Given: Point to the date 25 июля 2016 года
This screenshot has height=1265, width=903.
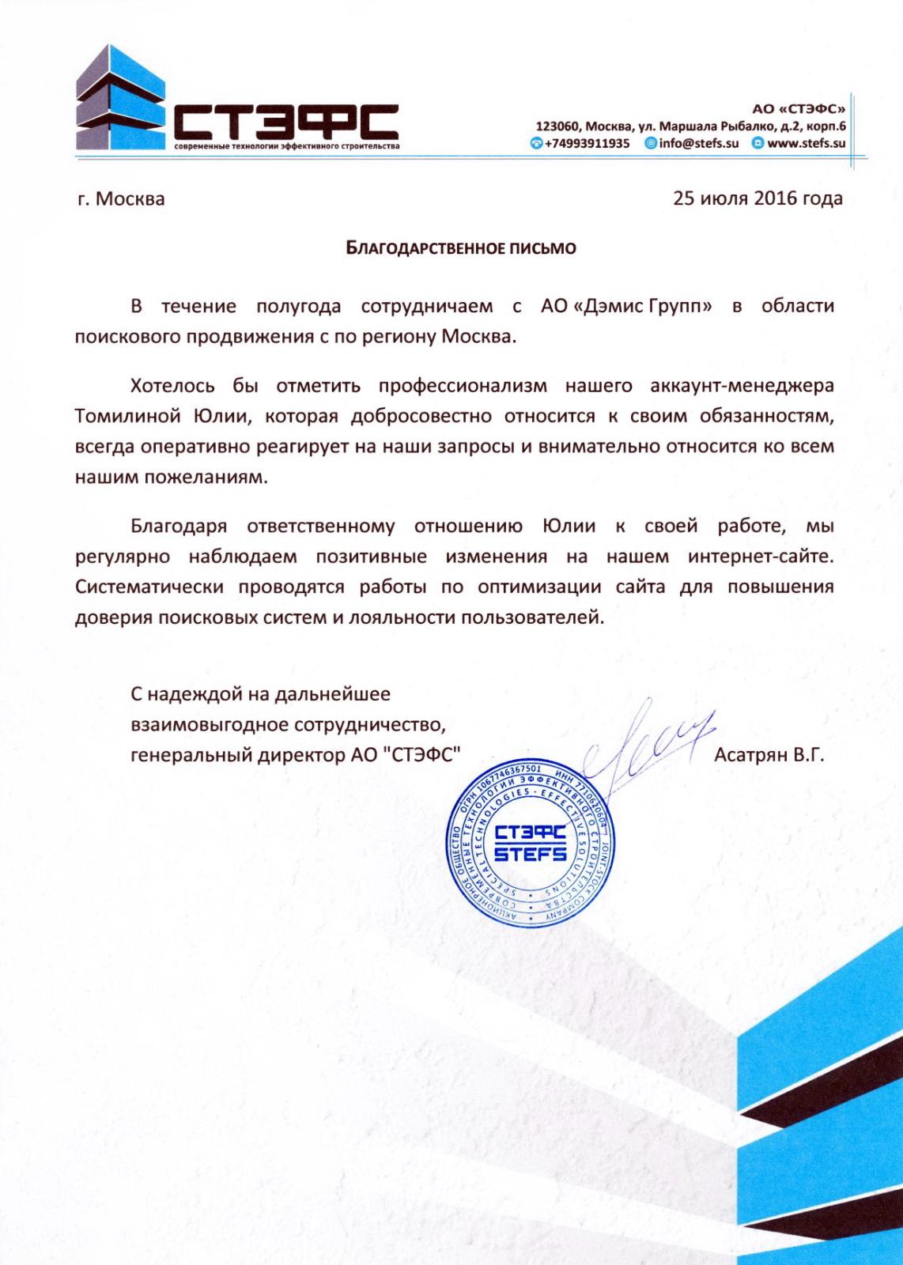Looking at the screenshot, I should [x=758, y=198].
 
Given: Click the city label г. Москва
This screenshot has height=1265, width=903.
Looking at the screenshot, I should [x=121, y=198].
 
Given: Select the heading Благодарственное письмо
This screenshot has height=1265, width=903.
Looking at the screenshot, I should [x=463, y=248].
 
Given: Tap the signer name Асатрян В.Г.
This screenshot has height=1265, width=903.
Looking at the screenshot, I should [x=769, y=754].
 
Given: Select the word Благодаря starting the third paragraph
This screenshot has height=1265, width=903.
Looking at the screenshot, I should [x=179, y=526].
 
